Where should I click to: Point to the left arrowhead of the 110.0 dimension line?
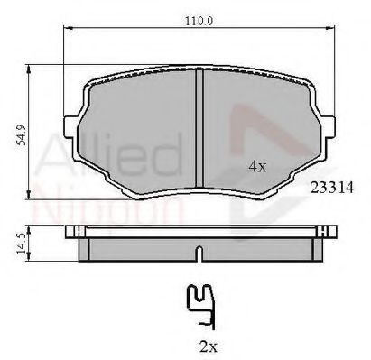tap(69, 32)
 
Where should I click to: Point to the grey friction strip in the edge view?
tap(135, 245)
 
